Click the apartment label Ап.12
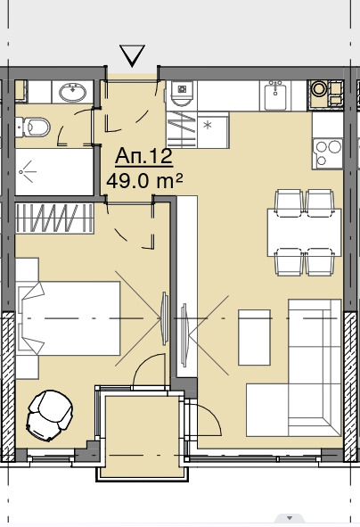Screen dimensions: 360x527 [143, 157]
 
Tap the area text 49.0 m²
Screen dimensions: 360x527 [144, 182]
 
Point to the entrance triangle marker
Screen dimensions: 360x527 [132, 55]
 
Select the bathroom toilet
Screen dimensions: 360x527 [33, 127]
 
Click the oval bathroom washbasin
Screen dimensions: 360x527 [72, 92]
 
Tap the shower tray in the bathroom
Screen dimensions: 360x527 [54, 172]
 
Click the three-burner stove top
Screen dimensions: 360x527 [327, 153]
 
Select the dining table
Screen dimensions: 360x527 [304, 233]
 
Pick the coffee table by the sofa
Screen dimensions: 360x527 [254, 337]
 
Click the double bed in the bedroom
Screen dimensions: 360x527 [69, 318]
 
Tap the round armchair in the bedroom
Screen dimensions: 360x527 [50, 416]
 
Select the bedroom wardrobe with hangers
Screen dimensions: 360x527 [54, 218]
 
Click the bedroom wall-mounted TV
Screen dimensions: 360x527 [165, 318]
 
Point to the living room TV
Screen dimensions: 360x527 [184, 334]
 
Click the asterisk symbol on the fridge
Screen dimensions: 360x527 [208, 126]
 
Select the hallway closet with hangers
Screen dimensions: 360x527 [182, 129]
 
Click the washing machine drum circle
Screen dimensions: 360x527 [317, 89]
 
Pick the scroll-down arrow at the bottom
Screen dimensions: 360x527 [290, 518]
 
